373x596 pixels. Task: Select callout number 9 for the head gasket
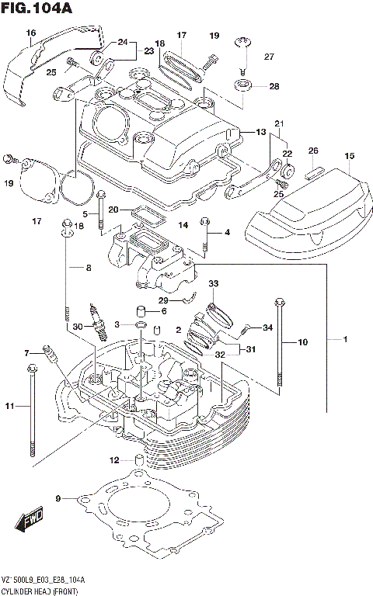[58, 497]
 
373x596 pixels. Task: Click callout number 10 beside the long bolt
[303, 341]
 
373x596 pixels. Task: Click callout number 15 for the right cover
[350, 156]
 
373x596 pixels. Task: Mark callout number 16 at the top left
[31, 33]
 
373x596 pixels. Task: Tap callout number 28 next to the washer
[274, 86]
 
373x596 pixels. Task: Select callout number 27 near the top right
[269, 57]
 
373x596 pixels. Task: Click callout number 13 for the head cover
[261, 132]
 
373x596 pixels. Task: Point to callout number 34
[267, 327]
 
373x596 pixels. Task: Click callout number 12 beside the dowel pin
[115, 460]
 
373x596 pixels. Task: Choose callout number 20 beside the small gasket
[113, 210]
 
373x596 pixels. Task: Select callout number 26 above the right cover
[313, 151]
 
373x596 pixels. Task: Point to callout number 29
[163, 300]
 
